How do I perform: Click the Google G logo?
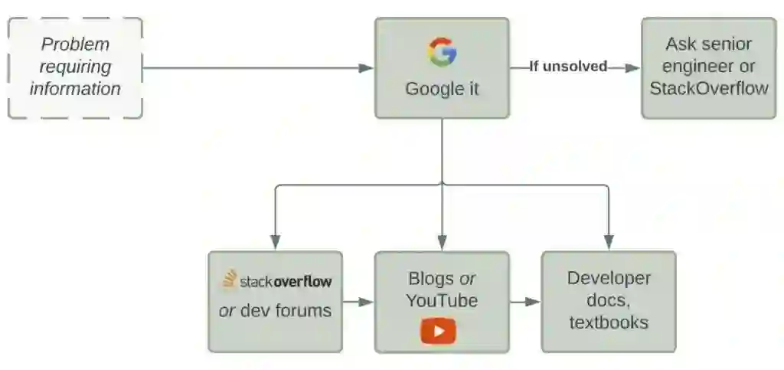pos(442,52)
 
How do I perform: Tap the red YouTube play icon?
pos(438,331)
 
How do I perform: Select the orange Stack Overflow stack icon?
pos(229,280)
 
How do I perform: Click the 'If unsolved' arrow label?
pos(568,67)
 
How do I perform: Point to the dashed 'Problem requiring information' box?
pos(75,67)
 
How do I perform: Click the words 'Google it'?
pos(442,88)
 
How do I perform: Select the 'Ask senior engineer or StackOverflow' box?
pos(708,67)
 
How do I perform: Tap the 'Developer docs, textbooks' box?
pos(609,300)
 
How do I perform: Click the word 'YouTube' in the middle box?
pos(442,300)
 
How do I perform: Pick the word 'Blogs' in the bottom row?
pos(432,278)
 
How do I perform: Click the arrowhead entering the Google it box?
pos(367,67)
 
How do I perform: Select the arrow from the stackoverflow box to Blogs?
pos(358,302)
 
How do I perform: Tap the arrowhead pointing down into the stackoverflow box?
pos(275,243)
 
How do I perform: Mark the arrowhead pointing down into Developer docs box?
pos(609,243)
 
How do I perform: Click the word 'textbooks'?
pos(609,322)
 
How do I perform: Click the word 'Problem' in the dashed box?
pos(75,44)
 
